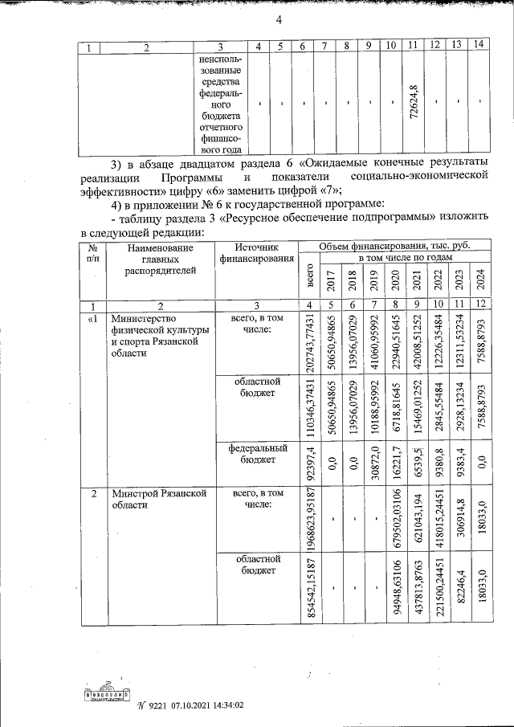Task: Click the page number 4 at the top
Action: [279, 21]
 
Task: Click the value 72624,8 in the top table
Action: [413, 101]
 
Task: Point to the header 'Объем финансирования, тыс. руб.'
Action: [394, 246]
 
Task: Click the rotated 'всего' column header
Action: [309, 279]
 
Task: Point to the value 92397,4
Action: [309, 460]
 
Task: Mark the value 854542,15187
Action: [309, 586]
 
